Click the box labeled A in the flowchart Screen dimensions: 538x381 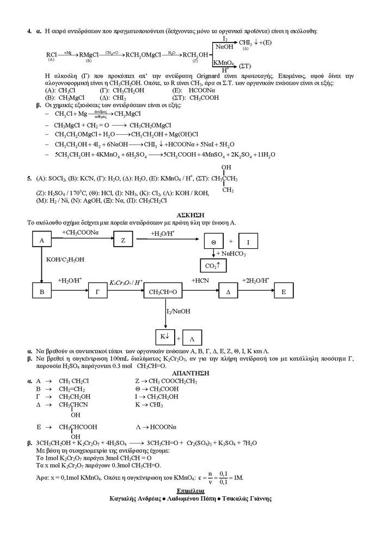pos(41,240)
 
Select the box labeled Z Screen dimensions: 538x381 pos(123,240)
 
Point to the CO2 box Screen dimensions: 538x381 pos(212,266)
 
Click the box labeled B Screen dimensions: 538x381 pos(41,291)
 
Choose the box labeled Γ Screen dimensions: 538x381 pos(97,291)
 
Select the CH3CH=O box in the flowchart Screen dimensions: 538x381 pos(163,292)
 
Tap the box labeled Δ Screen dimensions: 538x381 pos(229,291)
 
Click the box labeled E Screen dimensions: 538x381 pos(283,291)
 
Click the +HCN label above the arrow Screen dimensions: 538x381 pos(201,280)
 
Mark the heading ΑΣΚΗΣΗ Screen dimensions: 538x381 pos(190,216)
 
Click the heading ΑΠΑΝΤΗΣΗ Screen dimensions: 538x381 pos(190,373)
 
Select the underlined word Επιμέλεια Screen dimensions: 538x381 pos(190,491)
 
